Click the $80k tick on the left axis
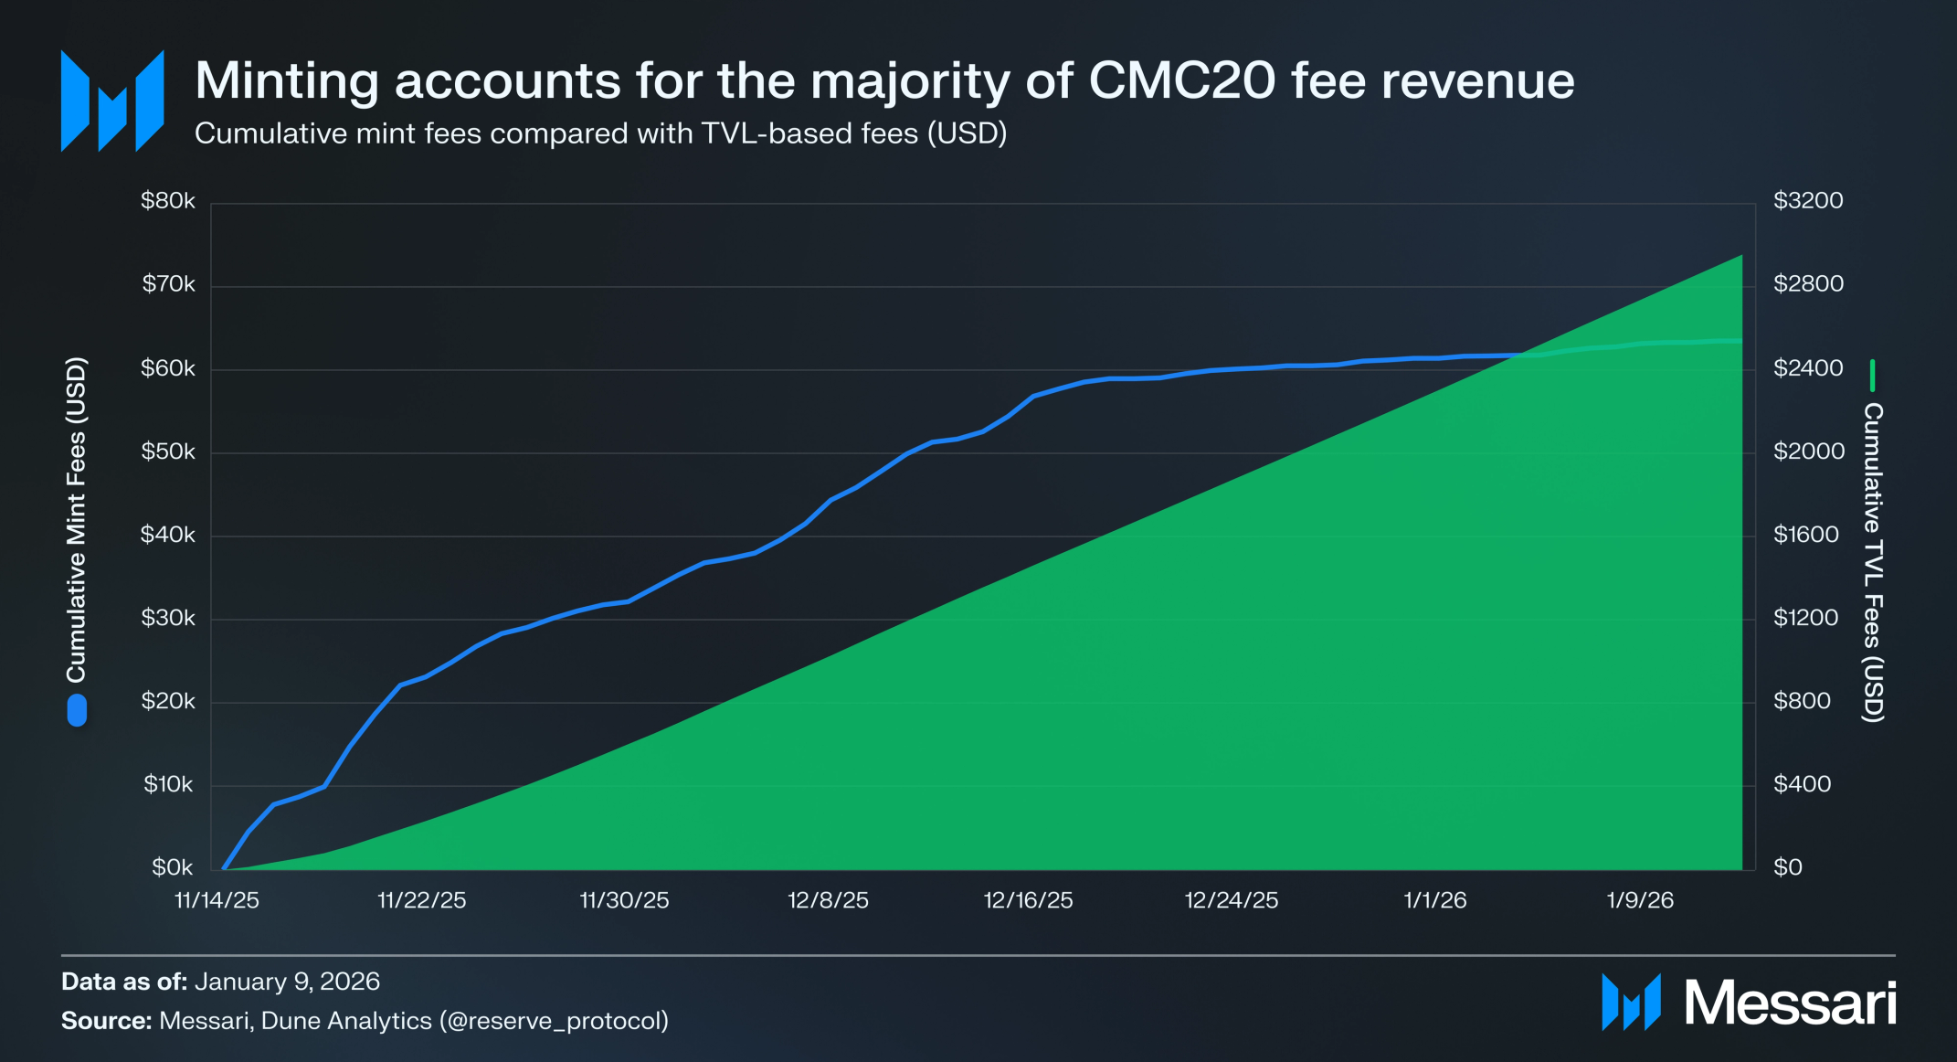(x=167, y=201)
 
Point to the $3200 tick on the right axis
(x=1807, y=201)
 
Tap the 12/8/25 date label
(x=828, y=900)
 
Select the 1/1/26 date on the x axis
(x=1434, y=900)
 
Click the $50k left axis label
(x=167, y=451)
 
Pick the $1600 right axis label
(x=1805, y=535)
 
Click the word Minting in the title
(x=286, y=80)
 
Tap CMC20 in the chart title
(x=1181, y=80)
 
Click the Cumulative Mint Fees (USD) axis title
(x=77, y=519)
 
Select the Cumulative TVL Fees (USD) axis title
(x=1873, y=562)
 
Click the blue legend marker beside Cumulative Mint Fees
(x=77, y=710)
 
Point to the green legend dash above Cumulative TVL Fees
(x=1872, y=376)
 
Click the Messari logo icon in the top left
(x=112, y=101)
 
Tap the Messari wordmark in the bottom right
(x=1789, y=1003)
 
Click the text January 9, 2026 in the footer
(x=287, y=982)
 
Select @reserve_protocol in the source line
(x=554, y=1021)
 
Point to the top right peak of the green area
(x=1740, y=258)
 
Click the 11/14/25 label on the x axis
(x=217, y=900)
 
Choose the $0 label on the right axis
(x=1787, y=867)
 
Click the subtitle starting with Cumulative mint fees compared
(x=600, y=133)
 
